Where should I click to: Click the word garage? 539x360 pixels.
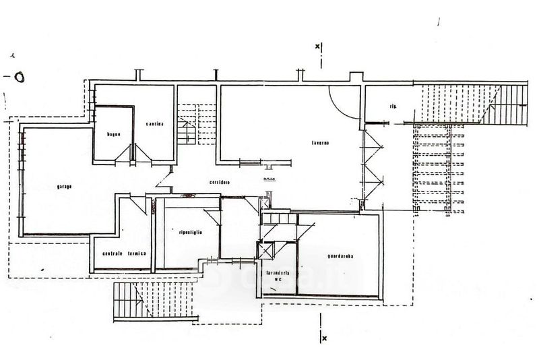pyautogui.click(x=65, y=187)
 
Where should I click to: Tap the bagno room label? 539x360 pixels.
pyautogui.click(x=113, y=135)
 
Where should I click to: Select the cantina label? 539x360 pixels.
pyautogui.click(x=154, y=123)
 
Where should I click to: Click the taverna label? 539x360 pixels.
pyautogui.click(x=319, y=143)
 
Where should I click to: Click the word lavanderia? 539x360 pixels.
pyautogui.click(x=278, y=273)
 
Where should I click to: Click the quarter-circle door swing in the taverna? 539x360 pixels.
pyautogui.click(x=344, y=104)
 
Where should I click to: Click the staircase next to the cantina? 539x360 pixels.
pyautogui.click(x=189, y=124)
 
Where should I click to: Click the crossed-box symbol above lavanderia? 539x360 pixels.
pyautogui.click(x=263, y=249)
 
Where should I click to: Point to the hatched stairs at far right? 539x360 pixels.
pyautogui.click(x=512, y=104)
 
